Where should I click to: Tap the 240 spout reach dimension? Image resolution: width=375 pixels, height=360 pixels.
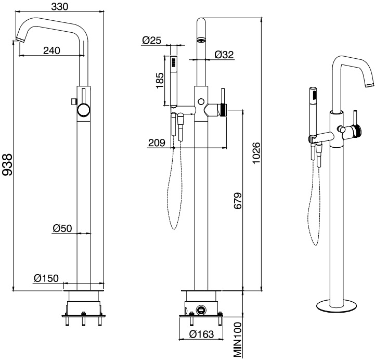(x=51, y=50)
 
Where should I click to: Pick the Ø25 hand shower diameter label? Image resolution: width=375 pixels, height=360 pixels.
(x=151, y=40)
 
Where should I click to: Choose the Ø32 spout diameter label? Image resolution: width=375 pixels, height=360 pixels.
(x=224, y=54)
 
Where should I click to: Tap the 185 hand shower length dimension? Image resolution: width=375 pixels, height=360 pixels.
(x=161, y=81)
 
